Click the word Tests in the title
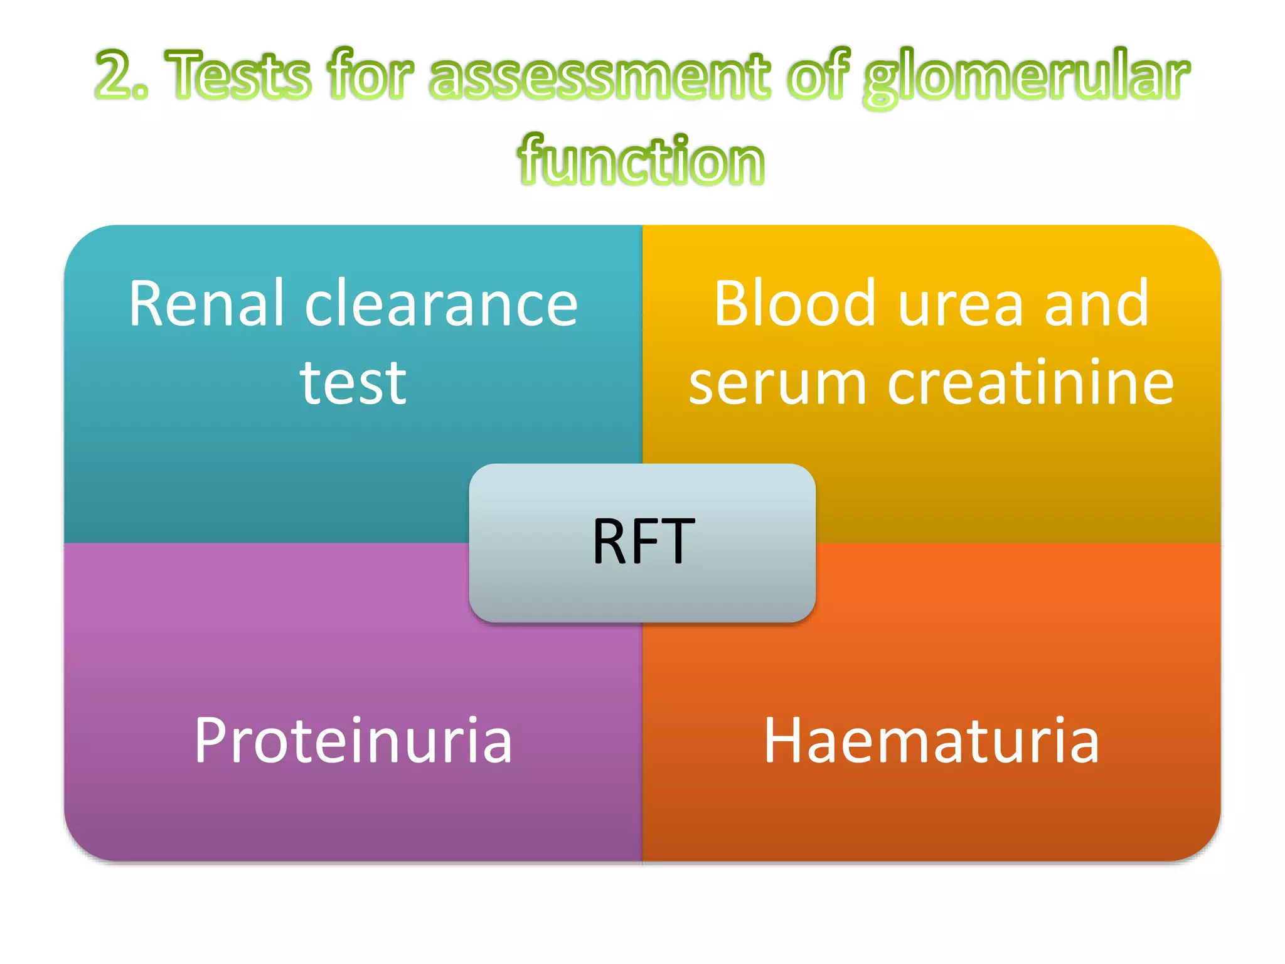coord(238,75)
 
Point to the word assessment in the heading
coord(599,75)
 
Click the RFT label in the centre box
coord(643,542)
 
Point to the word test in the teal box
coord(353,383)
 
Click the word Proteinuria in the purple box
coord(353,741)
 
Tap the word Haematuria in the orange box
coord(931,741)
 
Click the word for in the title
coord(370,75)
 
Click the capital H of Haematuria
coord(782,741)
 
